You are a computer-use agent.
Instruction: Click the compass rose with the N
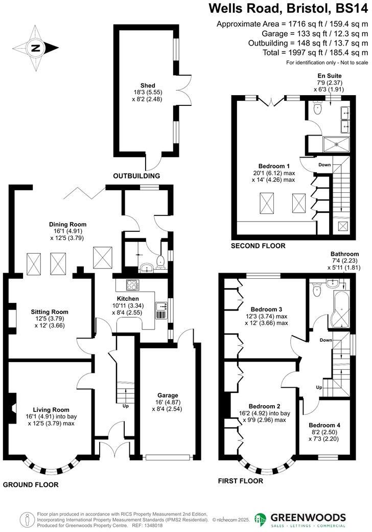click(35, 48)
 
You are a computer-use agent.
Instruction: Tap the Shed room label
click(148, 85)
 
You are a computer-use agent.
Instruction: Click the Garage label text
click(168, 395)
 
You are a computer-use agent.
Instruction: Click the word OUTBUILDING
click(136, 175)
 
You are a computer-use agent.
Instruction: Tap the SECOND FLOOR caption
click(258, 246)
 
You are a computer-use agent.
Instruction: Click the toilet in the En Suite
click(318, 108)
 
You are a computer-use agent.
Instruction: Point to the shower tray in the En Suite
click(337, 144)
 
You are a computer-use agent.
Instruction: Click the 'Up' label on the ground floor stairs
click(126, 406)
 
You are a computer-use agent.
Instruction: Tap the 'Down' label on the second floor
click(324, 165)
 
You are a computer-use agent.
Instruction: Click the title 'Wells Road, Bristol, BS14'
click(288, 9)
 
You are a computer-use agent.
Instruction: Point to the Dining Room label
click(67, 224)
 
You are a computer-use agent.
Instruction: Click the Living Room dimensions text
click(51, 419)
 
